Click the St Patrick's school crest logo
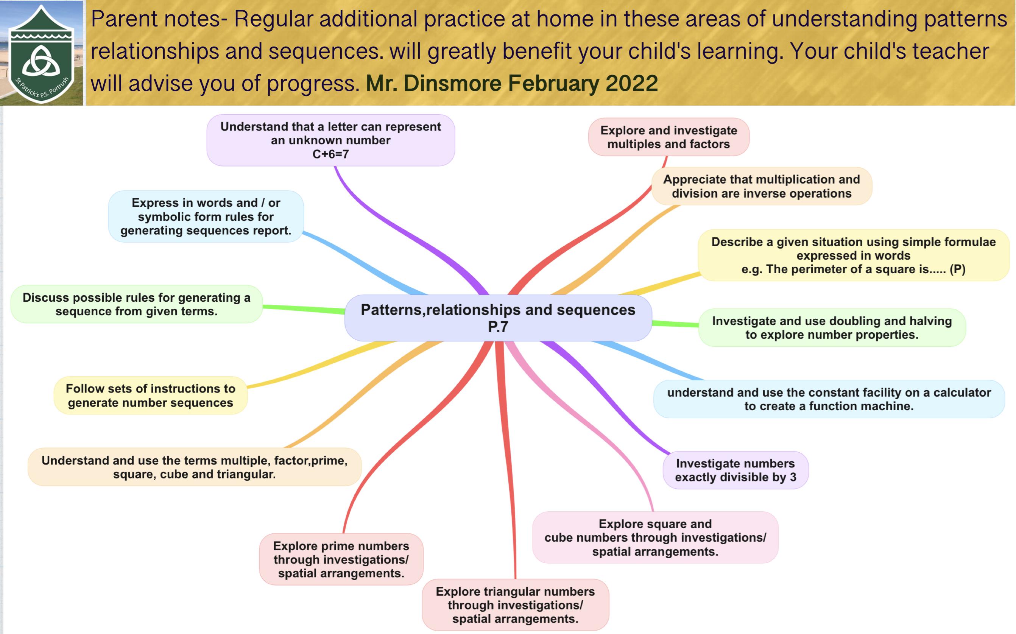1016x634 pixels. tap(41, 54)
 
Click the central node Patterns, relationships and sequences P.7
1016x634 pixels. tap(498, 318)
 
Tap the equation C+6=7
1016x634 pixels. tap(330, 154)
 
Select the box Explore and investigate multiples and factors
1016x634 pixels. tap(669, 137)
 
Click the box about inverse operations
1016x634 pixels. tap(762, 186)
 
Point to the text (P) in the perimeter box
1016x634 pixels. tap(957, 269)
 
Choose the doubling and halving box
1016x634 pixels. tap(832, 327)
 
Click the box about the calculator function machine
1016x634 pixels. tap(829, 399)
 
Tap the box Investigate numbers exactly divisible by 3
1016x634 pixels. tap(736, 470)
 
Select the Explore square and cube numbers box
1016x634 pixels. tap(655, 537)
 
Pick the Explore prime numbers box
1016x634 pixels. tap(341, 559)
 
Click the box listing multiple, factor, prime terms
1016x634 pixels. tap(195, 467)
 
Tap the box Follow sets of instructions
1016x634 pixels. tap(151, 396)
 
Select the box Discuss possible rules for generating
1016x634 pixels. tap(137, 304)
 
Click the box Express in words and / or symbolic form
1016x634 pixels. tap(206, 217)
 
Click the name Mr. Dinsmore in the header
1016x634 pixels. tap(433, 83)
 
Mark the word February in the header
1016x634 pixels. tap(553, 83)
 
